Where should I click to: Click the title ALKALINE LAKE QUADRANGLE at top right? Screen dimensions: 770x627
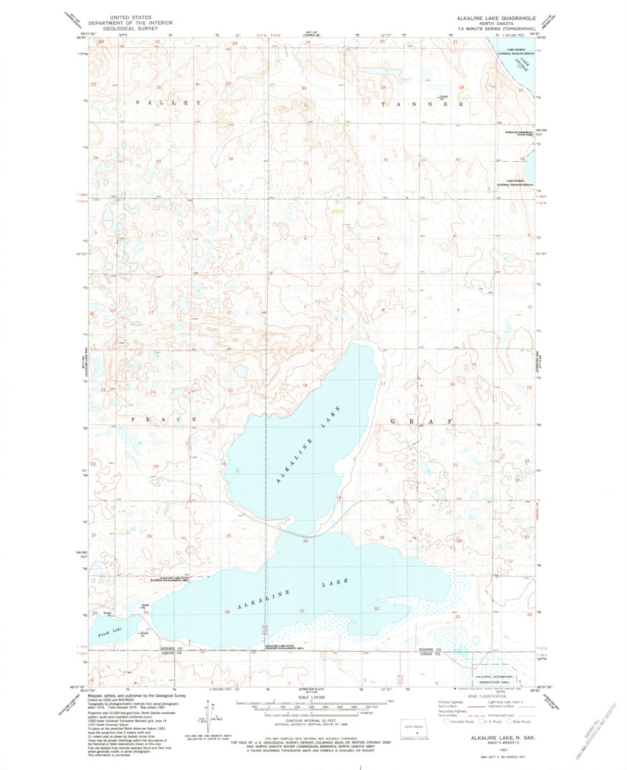coord(494,16)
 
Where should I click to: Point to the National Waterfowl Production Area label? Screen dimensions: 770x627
coord(493,678)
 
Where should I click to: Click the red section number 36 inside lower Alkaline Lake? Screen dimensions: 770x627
coord(227,612)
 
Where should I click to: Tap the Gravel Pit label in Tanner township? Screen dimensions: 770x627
coord(444,95)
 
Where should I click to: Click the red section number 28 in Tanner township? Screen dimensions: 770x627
coord(461,87)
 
